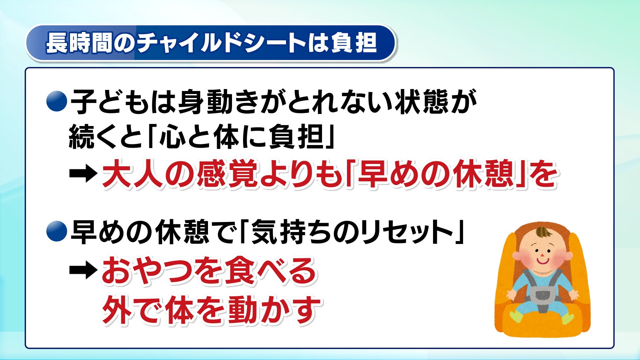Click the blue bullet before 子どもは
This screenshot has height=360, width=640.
tap(57, 101)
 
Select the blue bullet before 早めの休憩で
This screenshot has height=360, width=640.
tap(57, 231)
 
